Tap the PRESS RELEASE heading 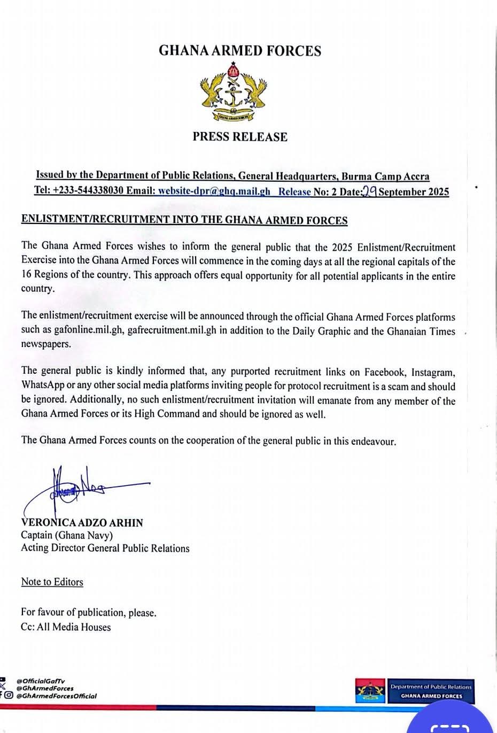240,137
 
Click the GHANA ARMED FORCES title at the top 240,51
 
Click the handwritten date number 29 370,191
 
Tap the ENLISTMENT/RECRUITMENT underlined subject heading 184,220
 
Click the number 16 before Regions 27,276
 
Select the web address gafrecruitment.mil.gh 173,330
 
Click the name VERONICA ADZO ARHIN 82,523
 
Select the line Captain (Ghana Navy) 67,535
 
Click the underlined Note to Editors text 52,582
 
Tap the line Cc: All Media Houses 66,627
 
